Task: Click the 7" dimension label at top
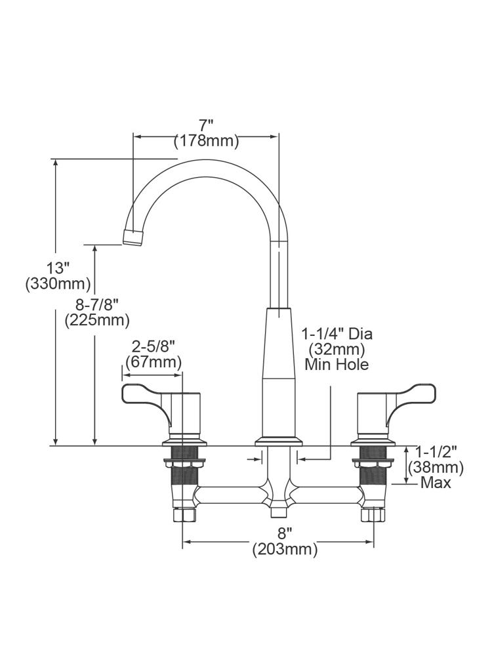point(207,125)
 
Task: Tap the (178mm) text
point(207,140)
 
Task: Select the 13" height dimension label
point(58,268)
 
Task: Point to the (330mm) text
point(58,284)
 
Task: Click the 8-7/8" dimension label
point(96,304)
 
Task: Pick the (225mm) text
point(96,320)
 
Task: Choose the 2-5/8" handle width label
point(153,346)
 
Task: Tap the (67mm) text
point(153,362)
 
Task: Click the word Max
point(436,483)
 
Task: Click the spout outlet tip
point(133,236)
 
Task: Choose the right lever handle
point(411,394)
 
